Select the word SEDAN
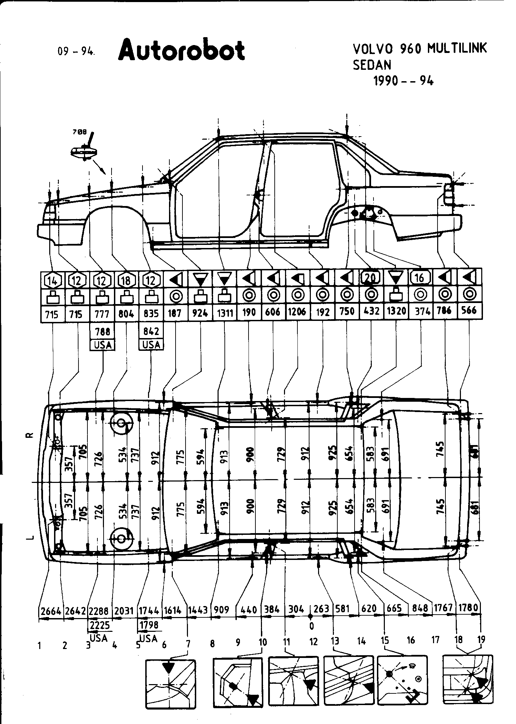tap(372, 65)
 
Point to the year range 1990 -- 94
tap(403, 81)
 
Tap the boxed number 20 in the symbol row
tap(371, 277)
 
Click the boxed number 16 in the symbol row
tap(420, 278)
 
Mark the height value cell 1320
tap(396, 312)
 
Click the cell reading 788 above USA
tap(102, 331)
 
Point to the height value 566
tap(469, 311)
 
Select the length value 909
tap(221, 610)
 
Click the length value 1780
tap(468, 608)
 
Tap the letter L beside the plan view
tap(30, 537)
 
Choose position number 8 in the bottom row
tap(212, 643)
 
